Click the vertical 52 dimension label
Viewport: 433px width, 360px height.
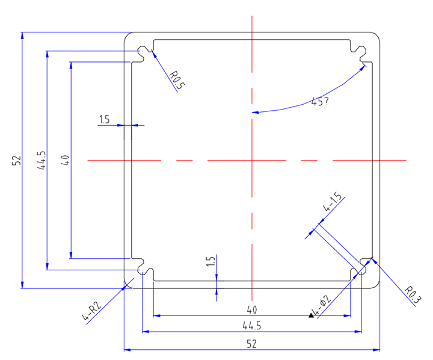tap(16, 160)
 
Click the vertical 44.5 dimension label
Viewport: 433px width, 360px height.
tap(41, 161)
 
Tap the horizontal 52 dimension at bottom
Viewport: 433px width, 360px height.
tap(251, 344)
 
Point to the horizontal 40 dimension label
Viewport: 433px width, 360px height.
tap(251, 310)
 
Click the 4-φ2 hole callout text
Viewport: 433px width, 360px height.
tap(321, 306)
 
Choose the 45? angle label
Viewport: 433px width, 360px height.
tap(319, 102)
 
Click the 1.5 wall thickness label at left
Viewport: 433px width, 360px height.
tap(103, 120)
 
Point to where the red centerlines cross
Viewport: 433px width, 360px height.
tap(252, 161)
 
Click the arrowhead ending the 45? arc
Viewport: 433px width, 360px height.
tap(256, 111)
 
